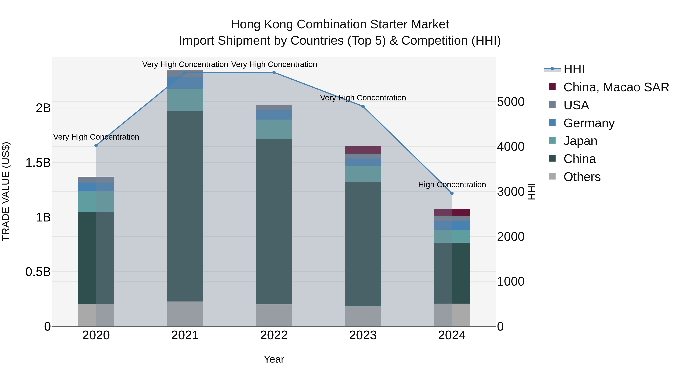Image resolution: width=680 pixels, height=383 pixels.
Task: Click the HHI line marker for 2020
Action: tap(96, 145)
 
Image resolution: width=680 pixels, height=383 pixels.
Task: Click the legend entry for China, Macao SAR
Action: tap(616, 87)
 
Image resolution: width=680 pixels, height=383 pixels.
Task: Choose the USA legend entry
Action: tap(576, 105)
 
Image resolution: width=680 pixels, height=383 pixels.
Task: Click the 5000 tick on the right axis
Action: tap(511, 102)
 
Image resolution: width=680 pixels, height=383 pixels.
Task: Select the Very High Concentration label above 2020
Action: tap(96, 137)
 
